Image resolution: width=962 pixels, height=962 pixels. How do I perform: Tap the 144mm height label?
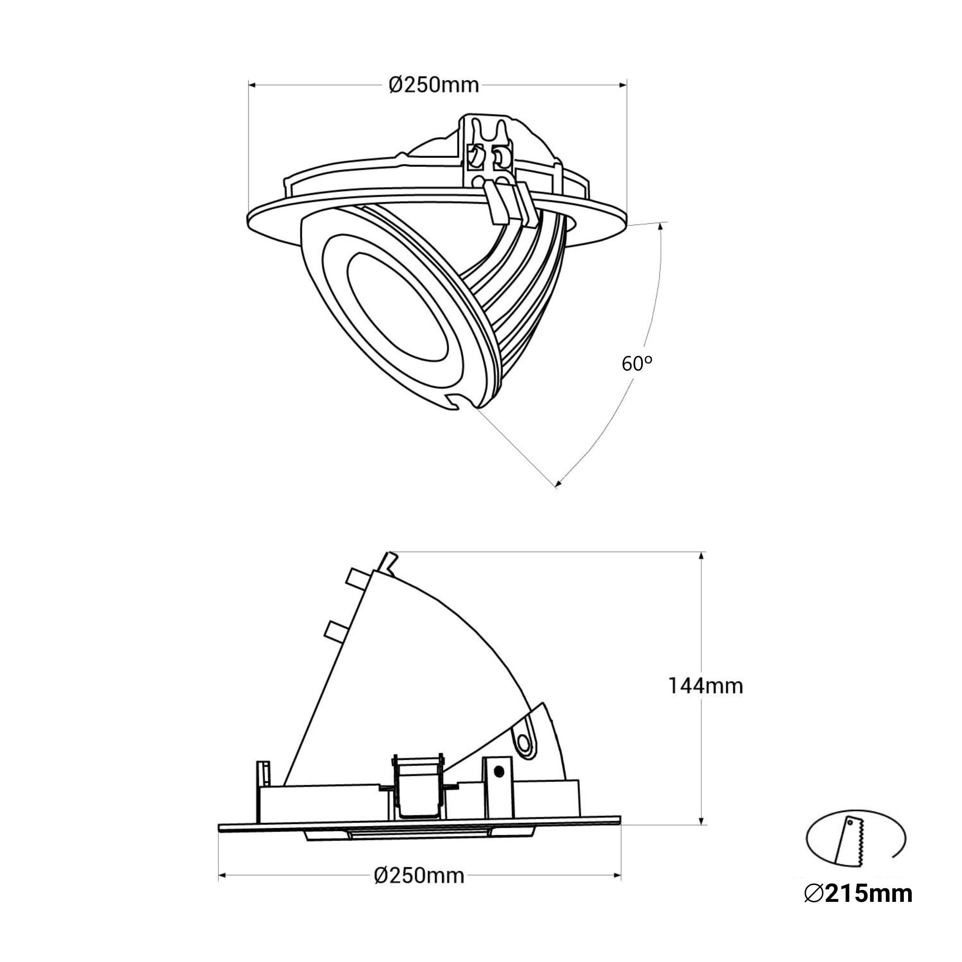coord(705,686)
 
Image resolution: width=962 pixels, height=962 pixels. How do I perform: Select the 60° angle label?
coord(637,364)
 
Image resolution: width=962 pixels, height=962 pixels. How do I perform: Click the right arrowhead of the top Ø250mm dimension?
coord(622,86)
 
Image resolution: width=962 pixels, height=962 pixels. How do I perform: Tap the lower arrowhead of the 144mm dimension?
coord(702,821)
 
